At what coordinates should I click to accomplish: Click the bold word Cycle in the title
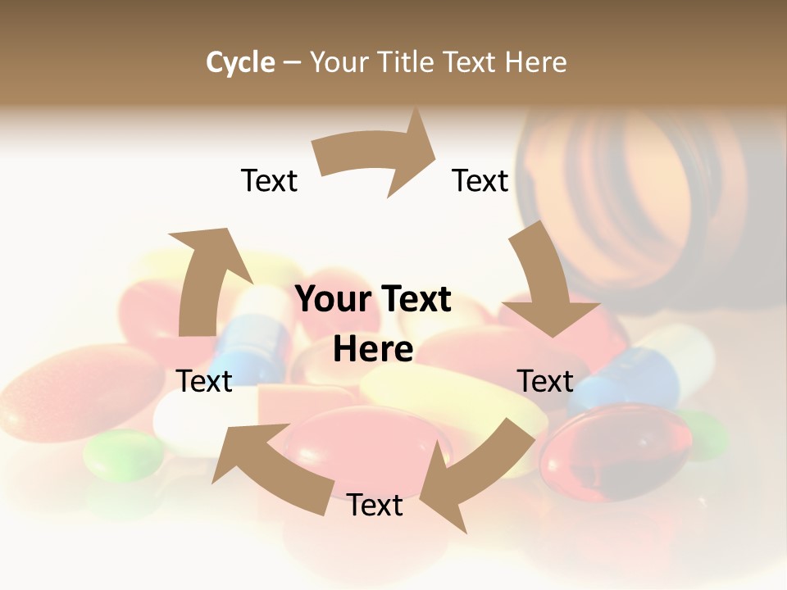point(240,62)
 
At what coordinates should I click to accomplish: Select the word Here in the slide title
point(534,62)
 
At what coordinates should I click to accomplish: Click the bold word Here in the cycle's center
point(373,349)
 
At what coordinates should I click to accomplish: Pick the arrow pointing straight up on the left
point(204,279)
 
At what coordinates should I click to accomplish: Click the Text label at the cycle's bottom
point(375,506)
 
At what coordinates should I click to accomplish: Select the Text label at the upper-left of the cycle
point(269,180)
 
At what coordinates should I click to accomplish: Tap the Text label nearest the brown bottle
point(480,180)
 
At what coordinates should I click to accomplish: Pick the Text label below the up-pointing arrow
point(205,381)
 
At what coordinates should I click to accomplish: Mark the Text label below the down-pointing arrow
point(545,381)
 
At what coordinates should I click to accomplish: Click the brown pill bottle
point(648,197)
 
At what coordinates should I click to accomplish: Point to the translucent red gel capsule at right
point(627,451)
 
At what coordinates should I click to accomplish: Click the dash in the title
point(292,62)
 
